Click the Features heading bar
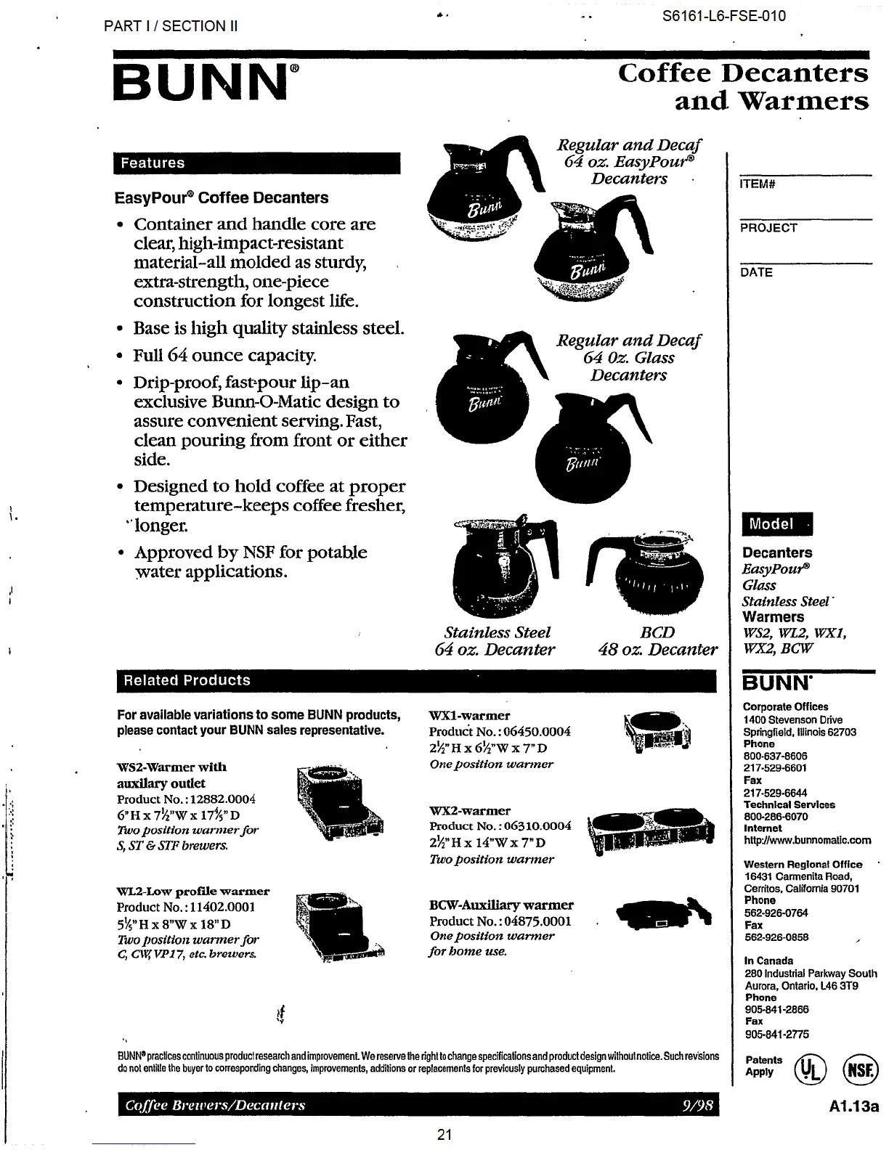pyautogui.click(x=256, y=163)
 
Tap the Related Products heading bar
pyautogui.click(x=416, y=681)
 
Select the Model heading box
pyautogui.click(x=776, y=524)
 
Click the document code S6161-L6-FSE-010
pyautogui.click(x=723, y=16)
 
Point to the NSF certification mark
pyautogui.click(x=860, y=1069)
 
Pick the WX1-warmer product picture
pyautogui.click(x=657, y=732)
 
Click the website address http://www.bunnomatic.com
pyautogui.click(x=807, y=841)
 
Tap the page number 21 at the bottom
pyautogui.click(x=444, y=1135)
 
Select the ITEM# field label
pyautogui.click(x=758, y=184)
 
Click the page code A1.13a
pyautogui.click(x=853, y=1107)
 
